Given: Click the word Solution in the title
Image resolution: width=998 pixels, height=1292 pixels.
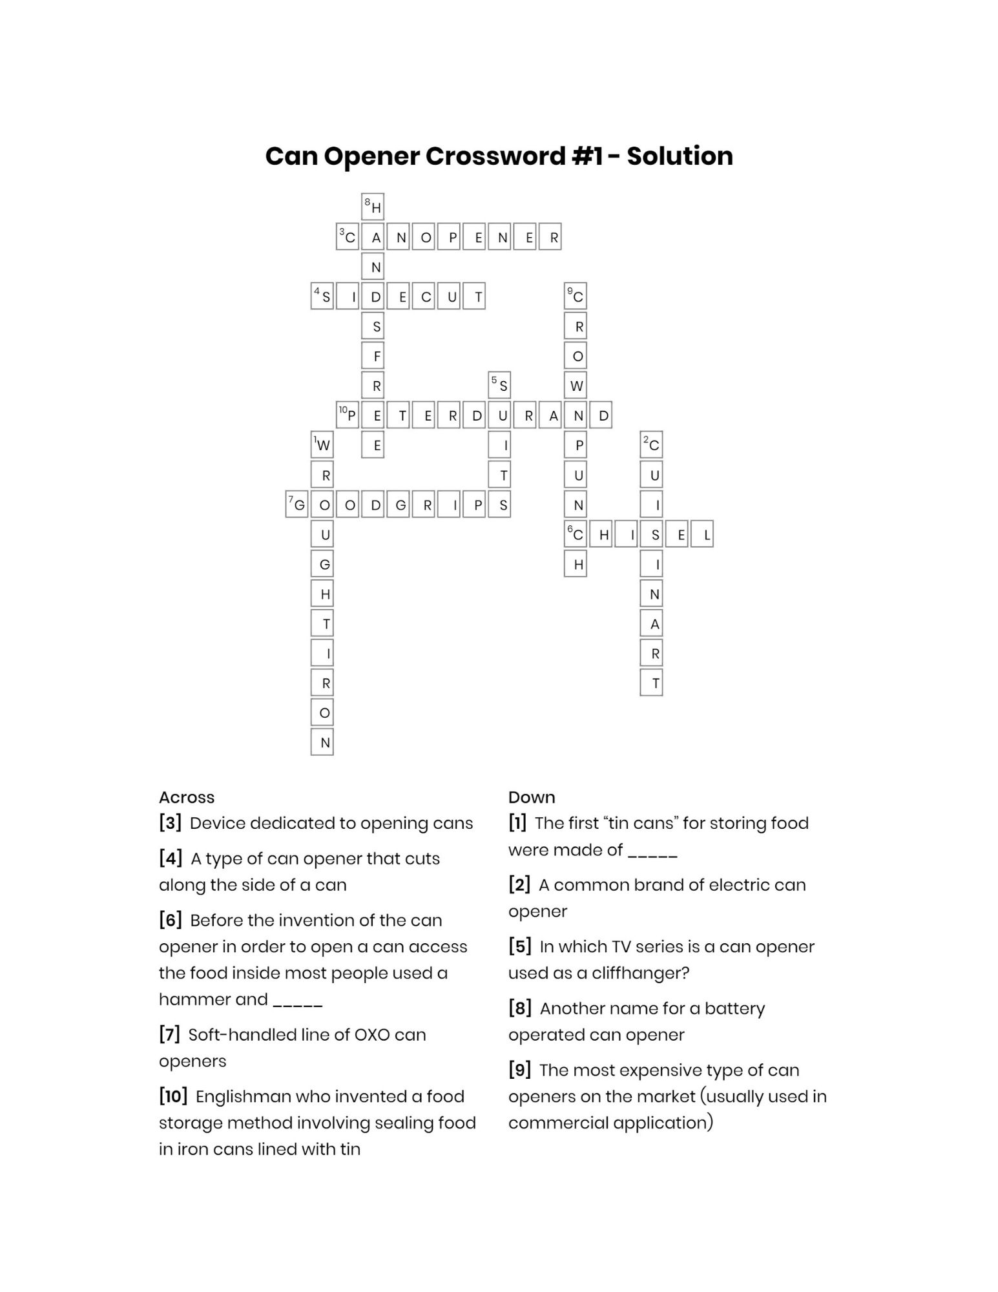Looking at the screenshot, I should pos(680,156).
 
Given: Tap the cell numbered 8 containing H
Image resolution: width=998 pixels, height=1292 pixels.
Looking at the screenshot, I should pos(373,206).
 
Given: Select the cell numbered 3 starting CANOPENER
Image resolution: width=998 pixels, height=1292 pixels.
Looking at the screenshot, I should pos(348,236).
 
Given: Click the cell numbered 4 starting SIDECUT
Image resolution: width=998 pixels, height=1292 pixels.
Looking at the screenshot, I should pos(322,296).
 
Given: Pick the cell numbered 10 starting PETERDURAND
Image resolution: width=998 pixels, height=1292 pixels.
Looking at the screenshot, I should pos(348,415).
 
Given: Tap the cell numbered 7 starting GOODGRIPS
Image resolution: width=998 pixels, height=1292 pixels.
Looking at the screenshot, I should pos(297,505).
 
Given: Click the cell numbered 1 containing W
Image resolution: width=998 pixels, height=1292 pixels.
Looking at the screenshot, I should pos(322,444).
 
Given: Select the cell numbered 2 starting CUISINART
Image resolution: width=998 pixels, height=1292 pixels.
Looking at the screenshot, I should pos(651,444).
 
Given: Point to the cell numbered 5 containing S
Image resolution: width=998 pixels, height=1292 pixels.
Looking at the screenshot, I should pos(499,385).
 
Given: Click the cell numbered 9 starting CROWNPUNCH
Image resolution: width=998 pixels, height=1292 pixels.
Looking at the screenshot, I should pos(576,296).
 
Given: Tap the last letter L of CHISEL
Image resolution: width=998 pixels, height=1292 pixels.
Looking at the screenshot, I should pos(702,534).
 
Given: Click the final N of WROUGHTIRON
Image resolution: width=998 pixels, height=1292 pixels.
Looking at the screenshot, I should pos(322,742).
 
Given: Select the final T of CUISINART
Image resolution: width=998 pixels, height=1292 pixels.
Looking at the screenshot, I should pos(651,683).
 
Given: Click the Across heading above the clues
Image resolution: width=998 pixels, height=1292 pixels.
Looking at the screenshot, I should pos(187,797).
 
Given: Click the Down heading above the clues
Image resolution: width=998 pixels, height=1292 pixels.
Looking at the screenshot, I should pos(532,797).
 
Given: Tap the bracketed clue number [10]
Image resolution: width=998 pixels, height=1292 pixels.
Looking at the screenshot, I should pos(173,1096).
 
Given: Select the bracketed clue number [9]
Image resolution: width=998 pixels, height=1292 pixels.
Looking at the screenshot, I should pos(519,1070).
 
